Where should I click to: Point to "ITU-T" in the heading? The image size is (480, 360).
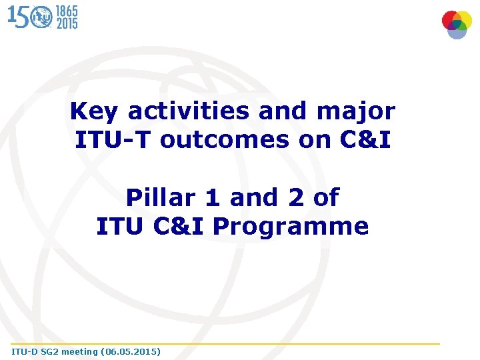point(113,140)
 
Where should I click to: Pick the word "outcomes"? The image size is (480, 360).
point(222,140)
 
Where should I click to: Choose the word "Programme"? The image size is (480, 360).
point(290,227)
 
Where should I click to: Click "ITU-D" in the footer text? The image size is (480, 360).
point(25,351)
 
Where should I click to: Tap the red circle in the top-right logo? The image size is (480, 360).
point(450,19)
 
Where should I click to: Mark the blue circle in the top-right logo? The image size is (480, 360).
point(457,31)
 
